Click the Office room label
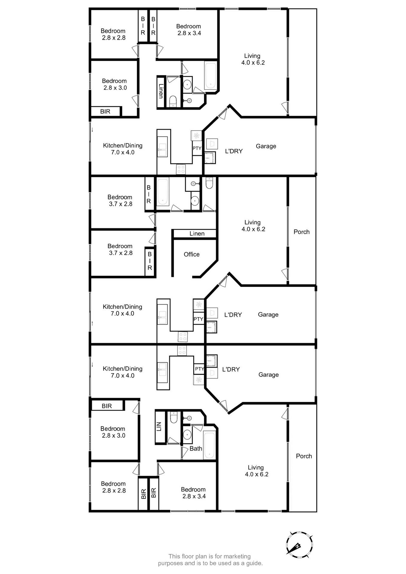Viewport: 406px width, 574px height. point(192,254)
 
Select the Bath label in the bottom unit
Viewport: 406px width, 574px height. point(196,448)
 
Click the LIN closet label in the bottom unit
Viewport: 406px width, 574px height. point(159,427)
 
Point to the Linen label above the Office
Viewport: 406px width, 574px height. point(197,234)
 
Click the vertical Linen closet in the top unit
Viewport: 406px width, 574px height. point(161,91)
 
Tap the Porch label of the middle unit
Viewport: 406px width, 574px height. point(301,232)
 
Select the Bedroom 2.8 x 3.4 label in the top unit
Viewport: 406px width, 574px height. point(189,30)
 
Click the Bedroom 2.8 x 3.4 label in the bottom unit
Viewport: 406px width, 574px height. point(193,493)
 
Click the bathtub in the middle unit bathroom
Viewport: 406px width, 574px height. point(163,192)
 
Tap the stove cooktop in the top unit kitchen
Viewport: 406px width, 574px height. point(181,169)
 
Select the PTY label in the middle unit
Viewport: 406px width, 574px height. point(198,319)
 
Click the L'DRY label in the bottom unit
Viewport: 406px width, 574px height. point(231,370)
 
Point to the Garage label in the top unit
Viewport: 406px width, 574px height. point(266,146)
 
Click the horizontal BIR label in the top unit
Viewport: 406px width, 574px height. point(105,112)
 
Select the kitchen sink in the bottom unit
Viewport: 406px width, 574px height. point(163,370)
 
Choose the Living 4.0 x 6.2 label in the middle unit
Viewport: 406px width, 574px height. point(253,226)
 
